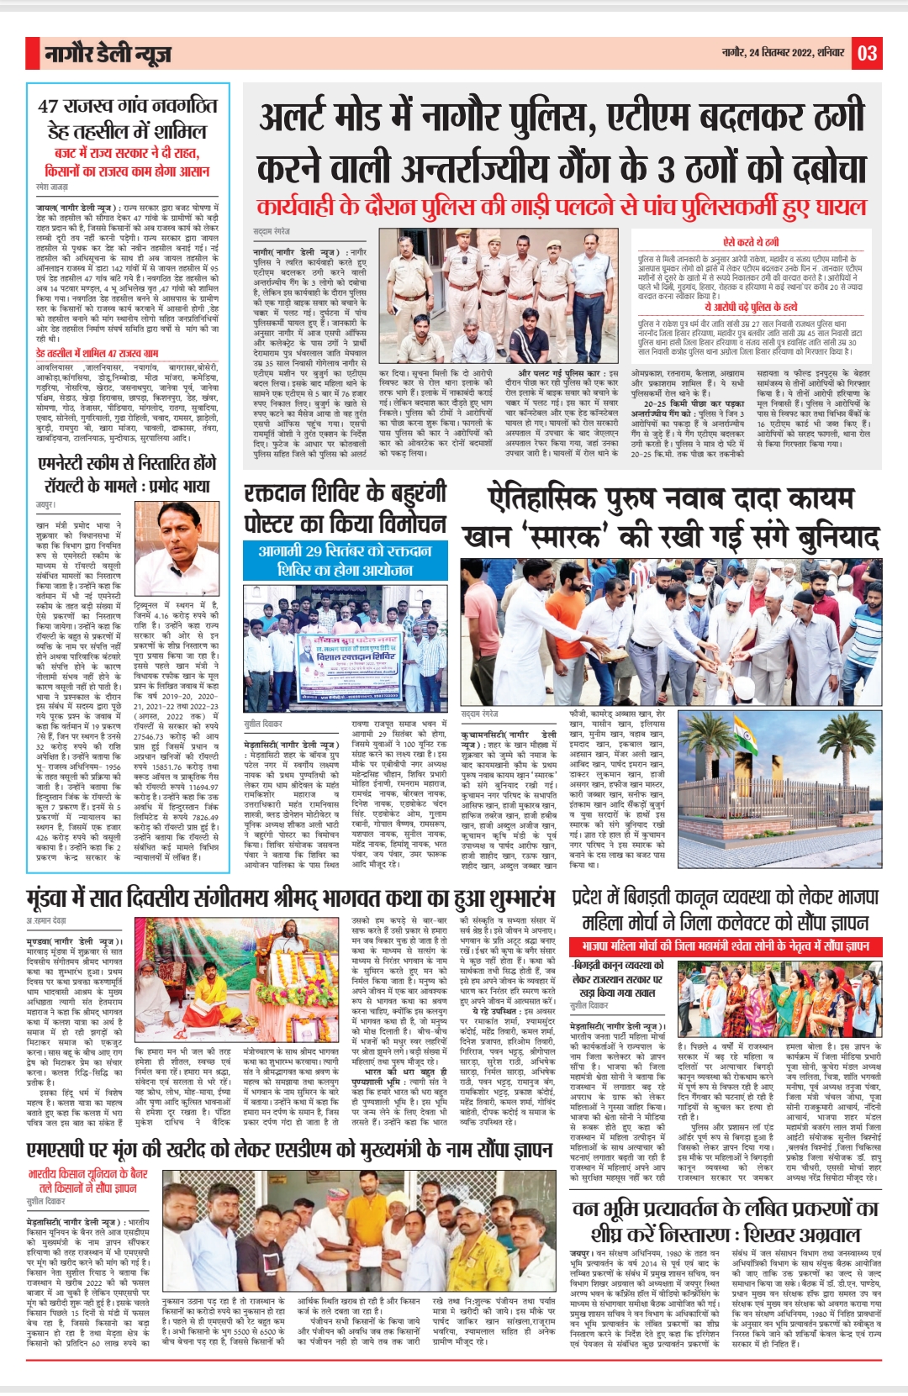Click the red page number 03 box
(x=867, y=53)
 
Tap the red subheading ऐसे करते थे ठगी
(x=750, y=242)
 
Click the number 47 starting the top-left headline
(x=48, y=107)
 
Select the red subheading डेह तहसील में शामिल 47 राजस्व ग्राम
(x=97, y=354)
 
